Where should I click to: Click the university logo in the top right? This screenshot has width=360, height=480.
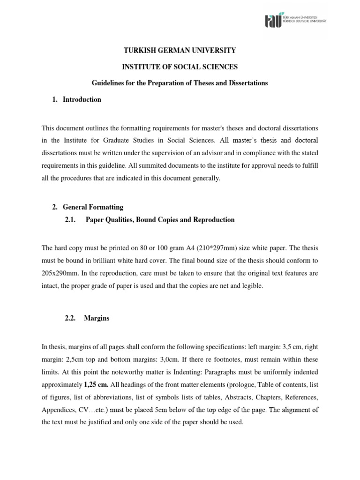click(x=295, y=20)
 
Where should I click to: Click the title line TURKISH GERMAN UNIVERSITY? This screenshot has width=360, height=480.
click(x=180, y=50)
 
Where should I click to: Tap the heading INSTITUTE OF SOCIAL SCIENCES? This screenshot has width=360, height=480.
click(x=180, y=67)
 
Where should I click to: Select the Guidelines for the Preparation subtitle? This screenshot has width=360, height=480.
click(x=180, y=83)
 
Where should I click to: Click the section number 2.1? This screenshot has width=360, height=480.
click(x=70, y=220)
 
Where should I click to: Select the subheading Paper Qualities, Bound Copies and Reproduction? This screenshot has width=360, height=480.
click(x=160, y=220)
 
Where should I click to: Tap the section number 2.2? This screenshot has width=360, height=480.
click(x=70, y=318)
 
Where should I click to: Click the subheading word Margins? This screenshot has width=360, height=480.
click(x=97, y=318)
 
